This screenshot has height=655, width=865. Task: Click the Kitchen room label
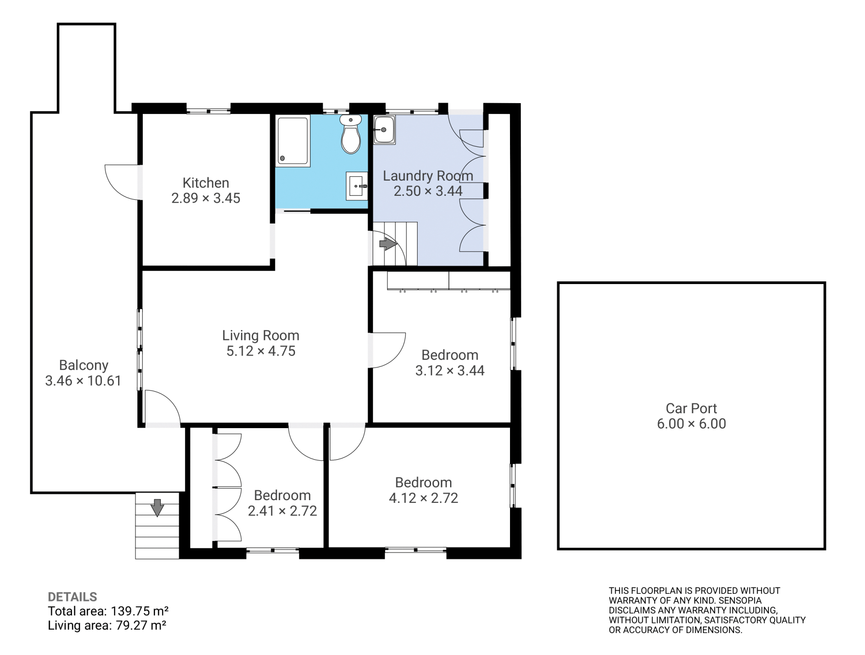[206, 183]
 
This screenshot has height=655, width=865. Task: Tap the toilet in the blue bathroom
[351, 134]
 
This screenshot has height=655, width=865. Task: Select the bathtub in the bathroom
[293, 141]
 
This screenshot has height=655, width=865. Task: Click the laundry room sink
[384, 130]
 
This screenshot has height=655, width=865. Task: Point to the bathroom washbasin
[357, 185]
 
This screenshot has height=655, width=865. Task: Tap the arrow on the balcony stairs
[157, 507]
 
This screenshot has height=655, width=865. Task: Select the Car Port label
[691, 408]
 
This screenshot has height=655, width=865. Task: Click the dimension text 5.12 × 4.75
[261, 351]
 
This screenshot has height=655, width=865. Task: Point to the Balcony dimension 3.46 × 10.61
[83, 381]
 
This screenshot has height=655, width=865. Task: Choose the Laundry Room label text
[428, 176]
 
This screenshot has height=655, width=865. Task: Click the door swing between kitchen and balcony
[122, 182]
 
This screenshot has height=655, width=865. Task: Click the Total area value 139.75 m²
[139, 611]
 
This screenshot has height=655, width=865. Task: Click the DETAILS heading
[73, 597]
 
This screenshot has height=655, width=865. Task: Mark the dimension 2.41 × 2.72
[282, 511]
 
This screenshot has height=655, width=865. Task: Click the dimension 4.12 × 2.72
[423, 498]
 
